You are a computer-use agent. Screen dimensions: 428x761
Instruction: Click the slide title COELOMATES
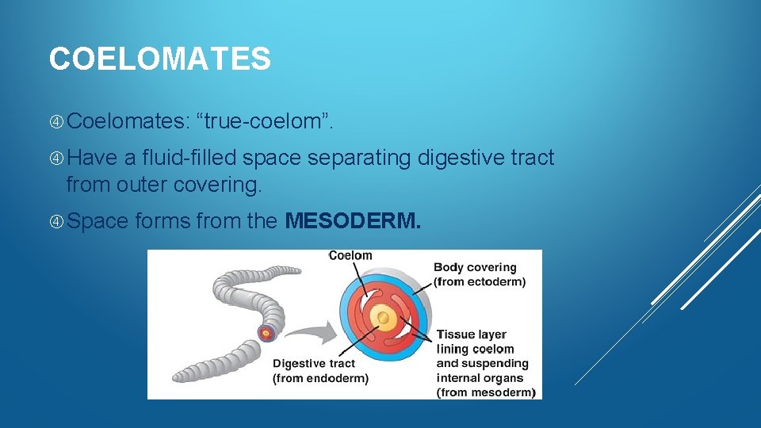click(159, 59)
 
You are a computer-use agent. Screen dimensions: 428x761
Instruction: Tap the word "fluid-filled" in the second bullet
click(190, 159)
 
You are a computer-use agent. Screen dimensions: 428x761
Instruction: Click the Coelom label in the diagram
click(350, 256)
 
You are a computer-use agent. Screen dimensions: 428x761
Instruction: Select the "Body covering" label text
click(475, 268)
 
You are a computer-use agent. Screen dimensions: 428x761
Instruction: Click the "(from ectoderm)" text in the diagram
click(479, 282)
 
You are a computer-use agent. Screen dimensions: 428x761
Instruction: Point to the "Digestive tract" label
click(314, 364)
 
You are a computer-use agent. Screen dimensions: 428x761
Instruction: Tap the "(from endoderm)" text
click(320, 378)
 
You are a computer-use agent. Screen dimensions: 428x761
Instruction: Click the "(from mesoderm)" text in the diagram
click(485, 392)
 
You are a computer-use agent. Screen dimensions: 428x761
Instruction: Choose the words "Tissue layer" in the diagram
click(471, 334)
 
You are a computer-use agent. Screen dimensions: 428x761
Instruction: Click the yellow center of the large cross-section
click(383, 317)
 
